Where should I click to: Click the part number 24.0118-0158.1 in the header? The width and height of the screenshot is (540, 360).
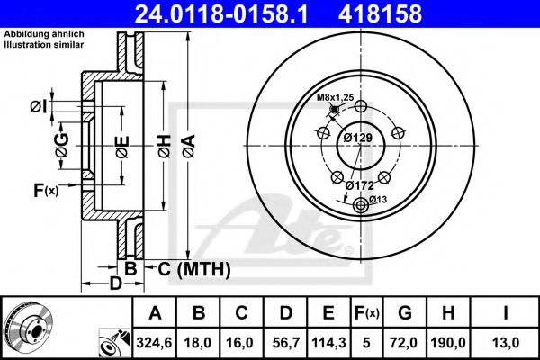[221, 13]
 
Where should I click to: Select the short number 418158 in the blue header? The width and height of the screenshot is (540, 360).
[380, 13]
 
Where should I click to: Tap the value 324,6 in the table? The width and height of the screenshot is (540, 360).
[154, 343]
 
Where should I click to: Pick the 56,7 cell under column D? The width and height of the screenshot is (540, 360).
[286, 343]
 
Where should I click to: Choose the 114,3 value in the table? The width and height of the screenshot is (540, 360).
[328, 343]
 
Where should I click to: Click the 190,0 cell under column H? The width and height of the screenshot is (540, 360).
[448, 343]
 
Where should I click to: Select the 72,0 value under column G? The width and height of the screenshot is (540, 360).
[405, 343]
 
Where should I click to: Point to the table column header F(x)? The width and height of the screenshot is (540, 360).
[366, 313]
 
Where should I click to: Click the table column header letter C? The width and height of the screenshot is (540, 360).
[241, 313]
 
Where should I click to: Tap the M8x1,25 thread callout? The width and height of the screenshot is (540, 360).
[335, 97]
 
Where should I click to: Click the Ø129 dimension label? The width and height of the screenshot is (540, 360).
[358, 138]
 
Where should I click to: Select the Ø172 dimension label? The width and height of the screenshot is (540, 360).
[360, 185]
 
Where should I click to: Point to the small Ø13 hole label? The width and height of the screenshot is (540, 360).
[379, 199]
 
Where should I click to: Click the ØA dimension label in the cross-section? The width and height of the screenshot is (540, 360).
[189, 147]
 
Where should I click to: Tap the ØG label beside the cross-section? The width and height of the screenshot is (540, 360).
[62, 146]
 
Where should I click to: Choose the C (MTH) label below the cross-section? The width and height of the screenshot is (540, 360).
[194, 269]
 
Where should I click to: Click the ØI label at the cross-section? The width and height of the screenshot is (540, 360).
[38, 107]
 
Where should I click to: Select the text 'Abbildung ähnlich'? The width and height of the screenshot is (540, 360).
[44, 34]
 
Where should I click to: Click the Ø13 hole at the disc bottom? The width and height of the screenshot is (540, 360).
[361, 206]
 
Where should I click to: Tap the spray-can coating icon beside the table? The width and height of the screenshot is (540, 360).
[114, 343]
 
